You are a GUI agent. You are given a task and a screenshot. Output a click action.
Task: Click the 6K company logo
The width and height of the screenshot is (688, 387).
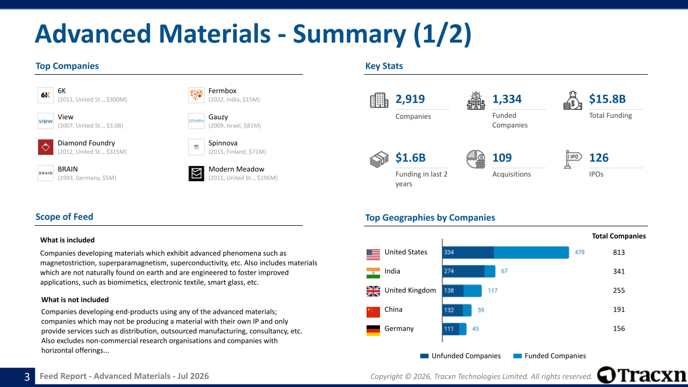(46, 95)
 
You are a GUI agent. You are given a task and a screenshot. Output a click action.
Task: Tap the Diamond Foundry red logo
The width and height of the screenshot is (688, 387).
(46, 147)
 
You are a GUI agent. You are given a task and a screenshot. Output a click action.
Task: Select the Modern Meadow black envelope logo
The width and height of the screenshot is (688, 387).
(196, 174)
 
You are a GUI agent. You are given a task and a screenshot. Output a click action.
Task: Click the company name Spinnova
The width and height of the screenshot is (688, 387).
(223, 143)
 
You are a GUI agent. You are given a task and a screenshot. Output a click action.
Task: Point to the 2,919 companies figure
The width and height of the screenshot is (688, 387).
(410, 99)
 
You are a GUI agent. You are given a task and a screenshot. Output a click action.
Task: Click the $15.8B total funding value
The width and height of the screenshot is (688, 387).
(607, 99)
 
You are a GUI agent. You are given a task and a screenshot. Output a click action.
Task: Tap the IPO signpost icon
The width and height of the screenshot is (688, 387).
(572, 159)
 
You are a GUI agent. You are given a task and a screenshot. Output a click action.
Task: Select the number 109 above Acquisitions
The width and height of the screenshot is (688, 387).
(502, 157)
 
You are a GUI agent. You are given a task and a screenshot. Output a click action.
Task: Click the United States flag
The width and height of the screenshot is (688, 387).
(373, 255)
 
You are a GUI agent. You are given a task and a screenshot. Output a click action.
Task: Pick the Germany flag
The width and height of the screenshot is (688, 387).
(373, 331)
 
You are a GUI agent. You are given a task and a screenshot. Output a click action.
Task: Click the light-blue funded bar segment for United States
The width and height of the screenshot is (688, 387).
(532, 253)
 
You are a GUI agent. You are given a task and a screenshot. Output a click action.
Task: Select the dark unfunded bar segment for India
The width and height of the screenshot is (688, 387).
(463, 271)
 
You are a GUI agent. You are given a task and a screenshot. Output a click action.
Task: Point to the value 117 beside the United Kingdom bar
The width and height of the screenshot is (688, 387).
(492, 291)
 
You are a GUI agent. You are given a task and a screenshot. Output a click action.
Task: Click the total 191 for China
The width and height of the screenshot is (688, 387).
(619, 310)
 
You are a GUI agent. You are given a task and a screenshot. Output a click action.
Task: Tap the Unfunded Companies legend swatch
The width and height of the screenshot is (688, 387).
(424, 356)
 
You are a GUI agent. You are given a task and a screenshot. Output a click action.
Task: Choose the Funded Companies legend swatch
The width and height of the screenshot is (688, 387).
(517, 356)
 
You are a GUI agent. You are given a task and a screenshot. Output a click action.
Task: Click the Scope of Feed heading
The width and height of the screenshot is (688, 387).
(64, 217)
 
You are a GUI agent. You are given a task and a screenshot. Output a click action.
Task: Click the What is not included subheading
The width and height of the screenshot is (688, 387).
(75, 300)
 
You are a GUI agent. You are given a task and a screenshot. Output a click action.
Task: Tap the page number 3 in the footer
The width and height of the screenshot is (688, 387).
(27, 377)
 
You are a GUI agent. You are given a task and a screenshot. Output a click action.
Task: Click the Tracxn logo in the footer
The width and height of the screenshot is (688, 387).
(641, 375)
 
